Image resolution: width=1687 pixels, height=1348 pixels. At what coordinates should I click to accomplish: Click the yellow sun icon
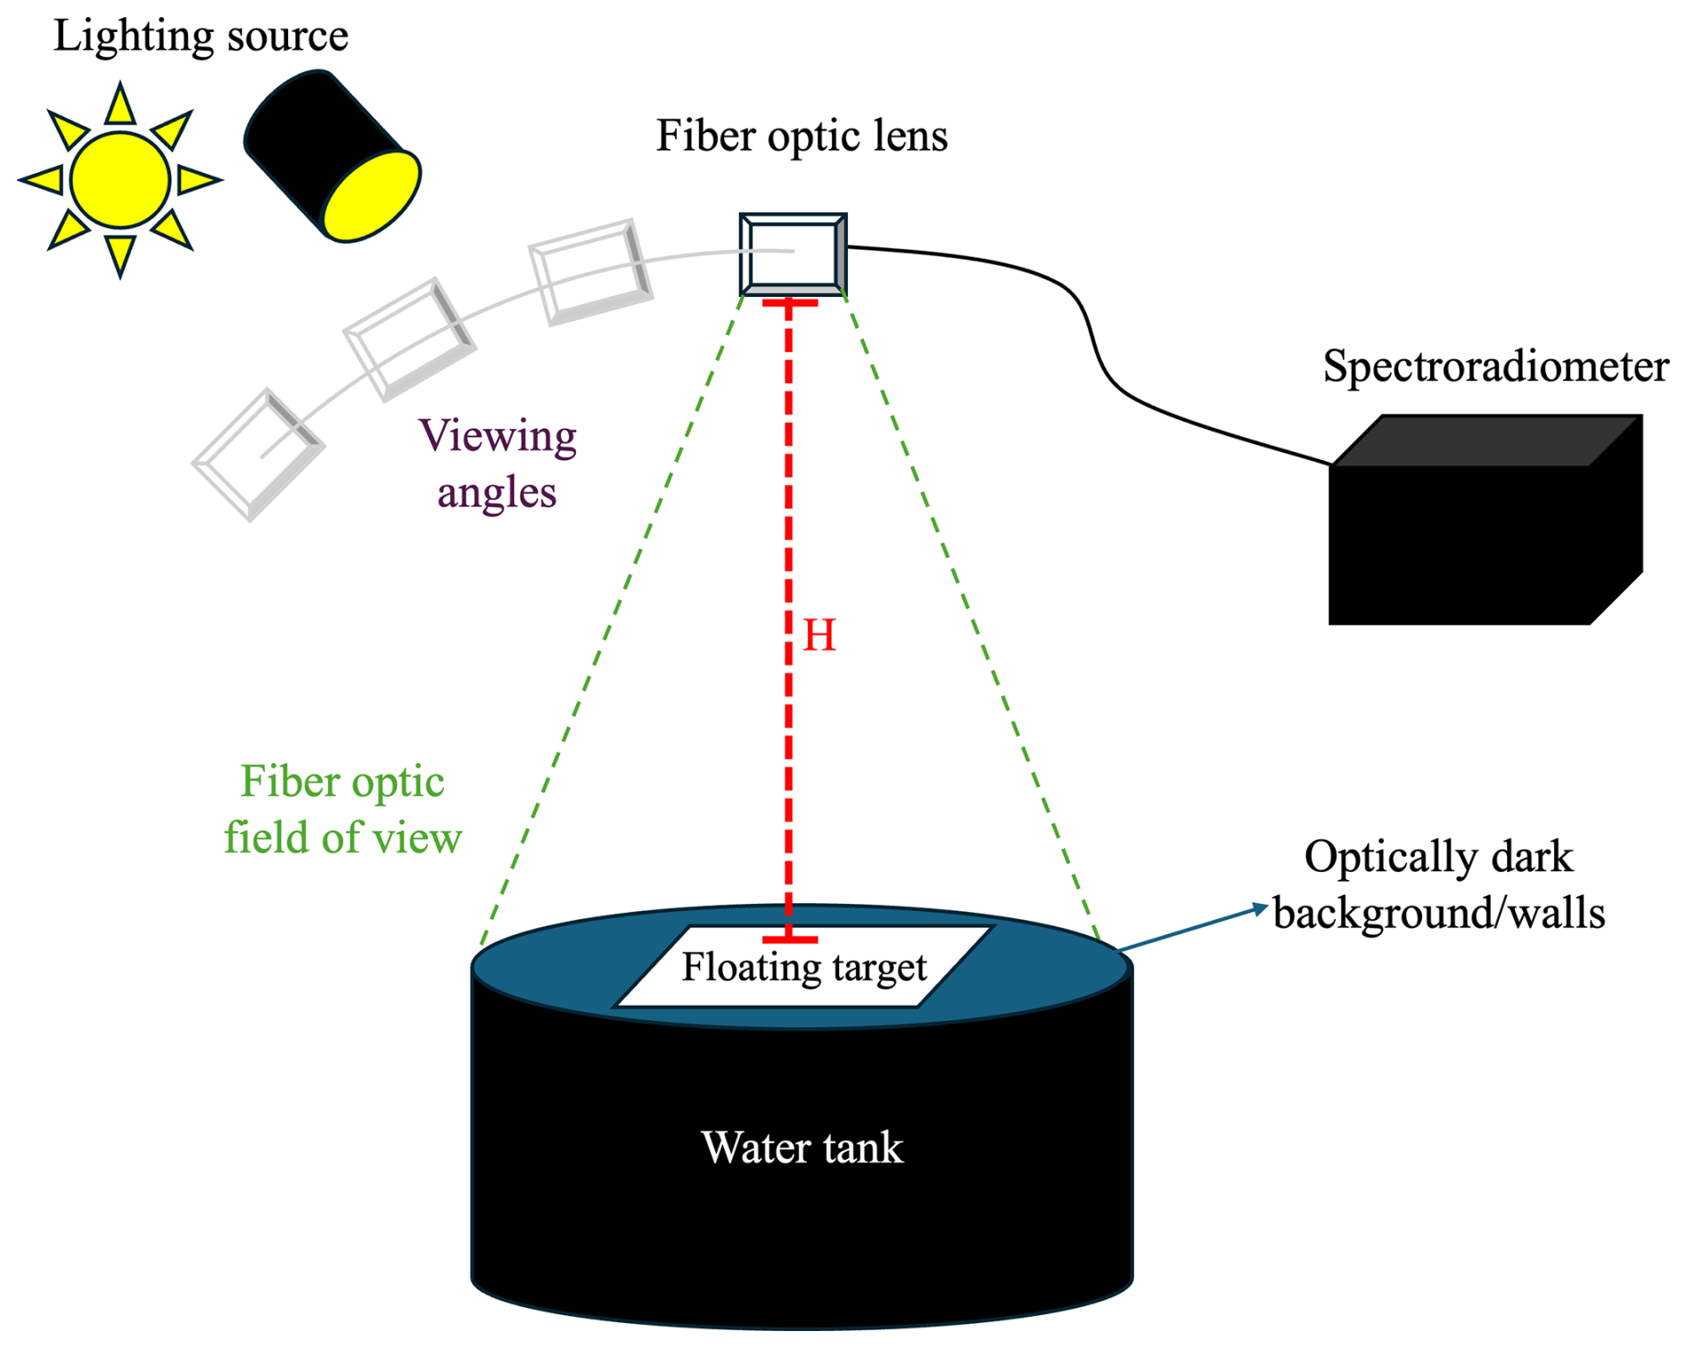[120, 179]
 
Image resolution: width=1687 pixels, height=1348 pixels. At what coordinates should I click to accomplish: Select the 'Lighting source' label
[201, 37]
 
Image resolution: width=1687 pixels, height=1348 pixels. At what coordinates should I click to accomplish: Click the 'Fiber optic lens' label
[802, 136]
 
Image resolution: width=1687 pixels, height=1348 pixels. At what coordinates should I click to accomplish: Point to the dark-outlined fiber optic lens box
[793, 254]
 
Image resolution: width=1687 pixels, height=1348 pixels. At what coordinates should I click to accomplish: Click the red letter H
[819, 636]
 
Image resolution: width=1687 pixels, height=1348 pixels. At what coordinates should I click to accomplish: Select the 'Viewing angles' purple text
[498, 464]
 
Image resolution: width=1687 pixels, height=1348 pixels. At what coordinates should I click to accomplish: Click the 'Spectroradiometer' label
[1495, 366]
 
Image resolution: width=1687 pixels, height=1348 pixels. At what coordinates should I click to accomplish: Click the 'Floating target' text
[804, 967]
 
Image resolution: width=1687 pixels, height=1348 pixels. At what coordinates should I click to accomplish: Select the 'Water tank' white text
[802, 1147]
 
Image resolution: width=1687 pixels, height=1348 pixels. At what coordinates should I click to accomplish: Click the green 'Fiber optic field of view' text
[342, 810]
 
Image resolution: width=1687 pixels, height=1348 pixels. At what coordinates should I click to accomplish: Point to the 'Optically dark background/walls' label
[1438, 884]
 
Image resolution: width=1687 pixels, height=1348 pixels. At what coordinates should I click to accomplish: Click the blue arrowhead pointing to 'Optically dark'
[1260, 908]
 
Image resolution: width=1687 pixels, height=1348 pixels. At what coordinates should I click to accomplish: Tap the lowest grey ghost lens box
[258, 455]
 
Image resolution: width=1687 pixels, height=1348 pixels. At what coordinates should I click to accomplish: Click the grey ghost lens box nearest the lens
[590, 271]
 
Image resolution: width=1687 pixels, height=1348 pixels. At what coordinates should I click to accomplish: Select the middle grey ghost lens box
[409, 339]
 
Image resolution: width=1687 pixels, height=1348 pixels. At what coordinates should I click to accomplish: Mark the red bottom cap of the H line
[789, 940]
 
